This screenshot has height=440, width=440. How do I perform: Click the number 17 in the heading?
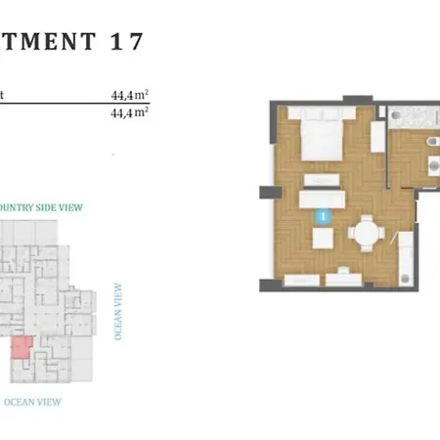point(128,41)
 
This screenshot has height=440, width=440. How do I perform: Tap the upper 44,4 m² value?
point(129,96)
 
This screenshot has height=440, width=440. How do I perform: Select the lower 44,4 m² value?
point(129,112)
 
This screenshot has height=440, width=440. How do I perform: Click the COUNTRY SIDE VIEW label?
point(41,207)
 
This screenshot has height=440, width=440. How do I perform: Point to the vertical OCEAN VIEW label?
point(119,311)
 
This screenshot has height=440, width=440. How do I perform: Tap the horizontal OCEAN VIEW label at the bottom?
point(33,401)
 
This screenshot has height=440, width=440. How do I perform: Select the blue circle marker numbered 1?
point(324,215)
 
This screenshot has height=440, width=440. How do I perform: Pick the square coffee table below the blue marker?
point(323,240)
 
